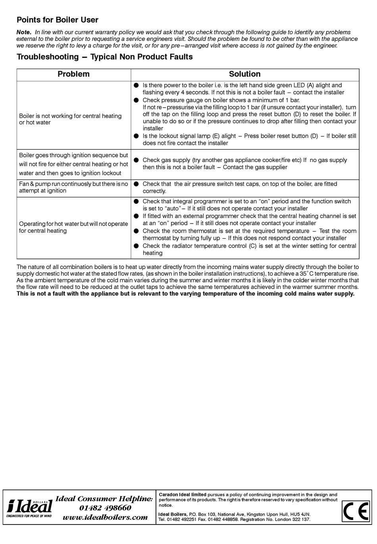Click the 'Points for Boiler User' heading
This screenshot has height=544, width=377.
(57, 20)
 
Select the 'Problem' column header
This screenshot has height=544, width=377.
(73, 74)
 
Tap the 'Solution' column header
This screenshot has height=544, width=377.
(244, 74)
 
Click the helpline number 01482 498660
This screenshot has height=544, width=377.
(105, 508)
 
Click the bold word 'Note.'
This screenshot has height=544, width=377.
(23, 32)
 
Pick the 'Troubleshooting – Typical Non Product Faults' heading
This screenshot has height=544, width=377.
(104, 57)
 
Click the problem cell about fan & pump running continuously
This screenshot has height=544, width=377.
(73, 187)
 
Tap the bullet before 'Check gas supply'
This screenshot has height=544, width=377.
(136, 160)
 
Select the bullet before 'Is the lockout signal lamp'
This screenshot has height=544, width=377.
(136, 136)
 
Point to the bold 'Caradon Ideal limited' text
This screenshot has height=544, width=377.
(183, 495)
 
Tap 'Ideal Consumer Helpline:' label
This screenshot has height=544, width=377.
(104, 499)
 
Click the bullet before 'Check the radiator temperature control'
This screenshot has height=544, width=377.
(136, 246)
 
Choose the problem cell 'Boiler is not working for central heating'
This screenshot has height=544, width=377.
(70, 119)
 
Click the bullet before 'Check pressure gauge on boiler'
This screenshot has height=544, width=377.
(136, 100)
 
